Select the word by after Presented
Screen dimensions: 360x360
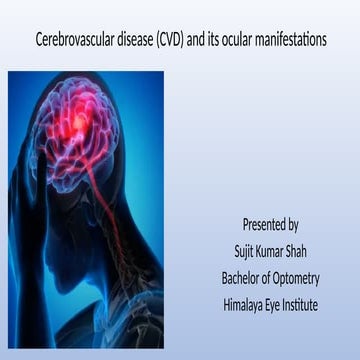tap(293, 224)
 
